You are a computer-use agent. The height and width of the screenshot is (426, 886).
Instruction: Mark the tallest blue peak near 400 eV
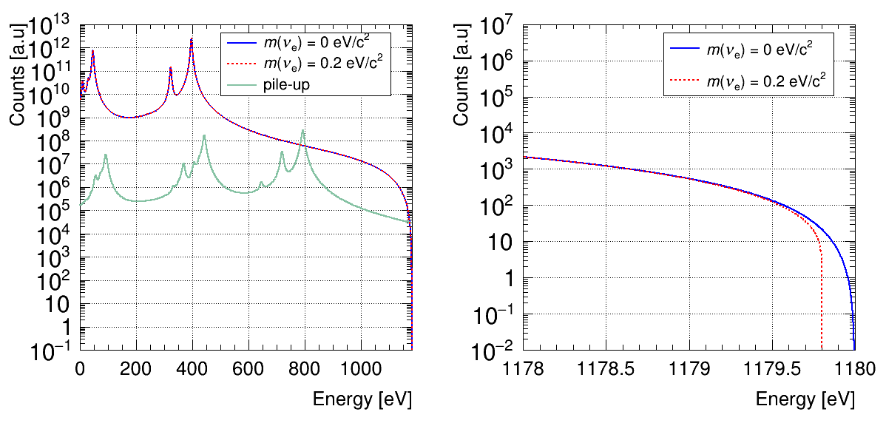click(192, 40)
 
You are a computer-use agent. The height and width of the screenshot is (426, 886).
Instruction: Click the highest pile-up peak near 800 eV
click(302, 132)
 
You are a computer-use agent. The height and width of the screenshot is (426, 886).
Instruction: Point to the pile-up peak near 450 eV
click(204, 136)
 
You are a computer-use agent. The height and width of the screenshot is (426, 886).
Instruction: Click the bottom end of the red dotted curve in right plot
click(822, 349)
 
